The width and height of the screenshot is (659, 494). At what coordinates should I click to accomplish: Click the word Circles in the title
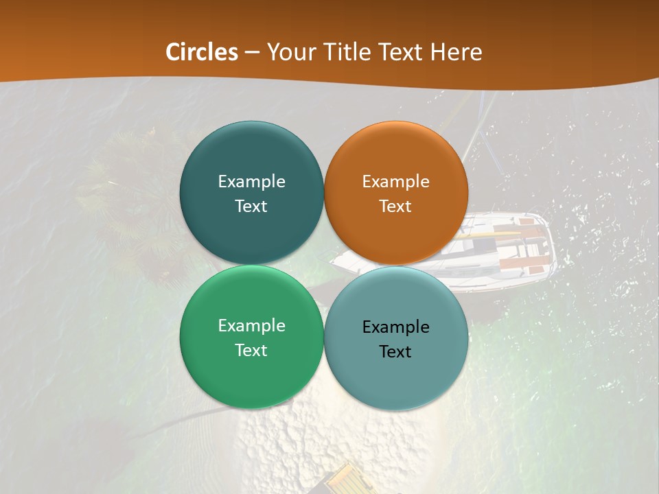pyautogui.click(x=202, y=52)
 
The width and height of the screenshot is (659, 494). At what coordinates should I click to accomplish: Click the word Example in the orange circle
pyautogui.click(x=395, y=182)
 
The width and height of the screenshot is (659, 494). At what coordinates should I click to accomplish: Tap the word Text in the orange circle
pyautogui.click(x=395, y=207)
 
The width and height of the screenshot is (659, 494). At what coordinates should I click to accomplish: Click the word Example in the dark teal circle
pyautogui.click(x=251, y=182)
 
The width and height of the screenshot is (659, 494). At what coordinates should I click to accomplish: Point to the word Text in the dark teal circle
pyautogui.click(x=251, y=207)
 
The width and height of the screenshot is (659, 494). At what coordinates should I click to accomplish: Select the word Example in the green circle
pyautogui.click(x=251, y=326)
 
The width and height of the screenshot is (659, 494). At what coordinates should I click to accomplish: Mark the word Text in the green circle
pyautogui.click(x=251, y=351)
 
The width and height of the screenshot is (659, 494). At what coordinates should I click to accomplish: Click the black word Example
pyautogui.click(x=395, y=327)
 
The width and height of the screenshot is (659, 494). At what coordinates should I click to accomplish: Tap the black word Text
pyautogui.click(x=395, y=352)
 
